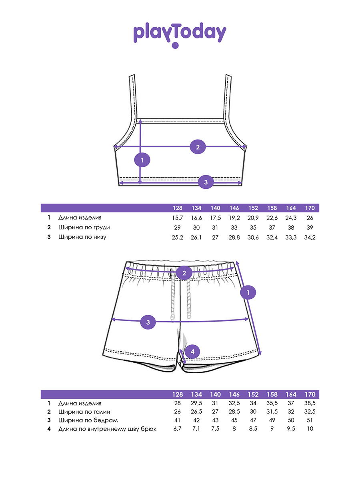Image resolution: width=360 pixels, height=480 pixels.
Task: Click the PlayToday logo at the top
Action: [180, 35]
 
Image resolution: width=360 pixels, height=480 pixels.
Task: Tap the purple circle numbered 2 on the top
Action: [198, 147]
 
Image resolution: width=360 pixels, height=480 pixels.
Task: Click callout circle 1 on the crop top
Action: [142, 160]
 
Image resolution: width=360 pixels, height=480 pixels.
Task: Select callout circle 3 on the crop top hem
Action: [206, 182]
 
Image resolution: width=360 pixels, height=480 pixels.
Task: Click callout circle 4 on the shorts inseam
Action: [192, 352]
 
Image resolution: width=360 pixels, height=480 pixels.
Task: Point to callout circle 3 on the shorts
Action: [148, 322]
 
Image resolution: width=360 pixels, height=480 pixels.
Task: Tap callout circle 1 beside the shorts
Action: [248, 292]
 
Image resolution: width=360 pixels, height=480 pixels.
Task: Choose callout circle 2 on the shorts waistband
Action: [184, 273]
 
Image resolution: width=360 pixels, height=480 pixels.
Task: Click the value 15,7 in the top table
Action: [177, 218]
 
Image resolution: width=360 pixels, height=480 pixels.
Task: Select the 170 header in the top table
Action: [310, 208]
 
